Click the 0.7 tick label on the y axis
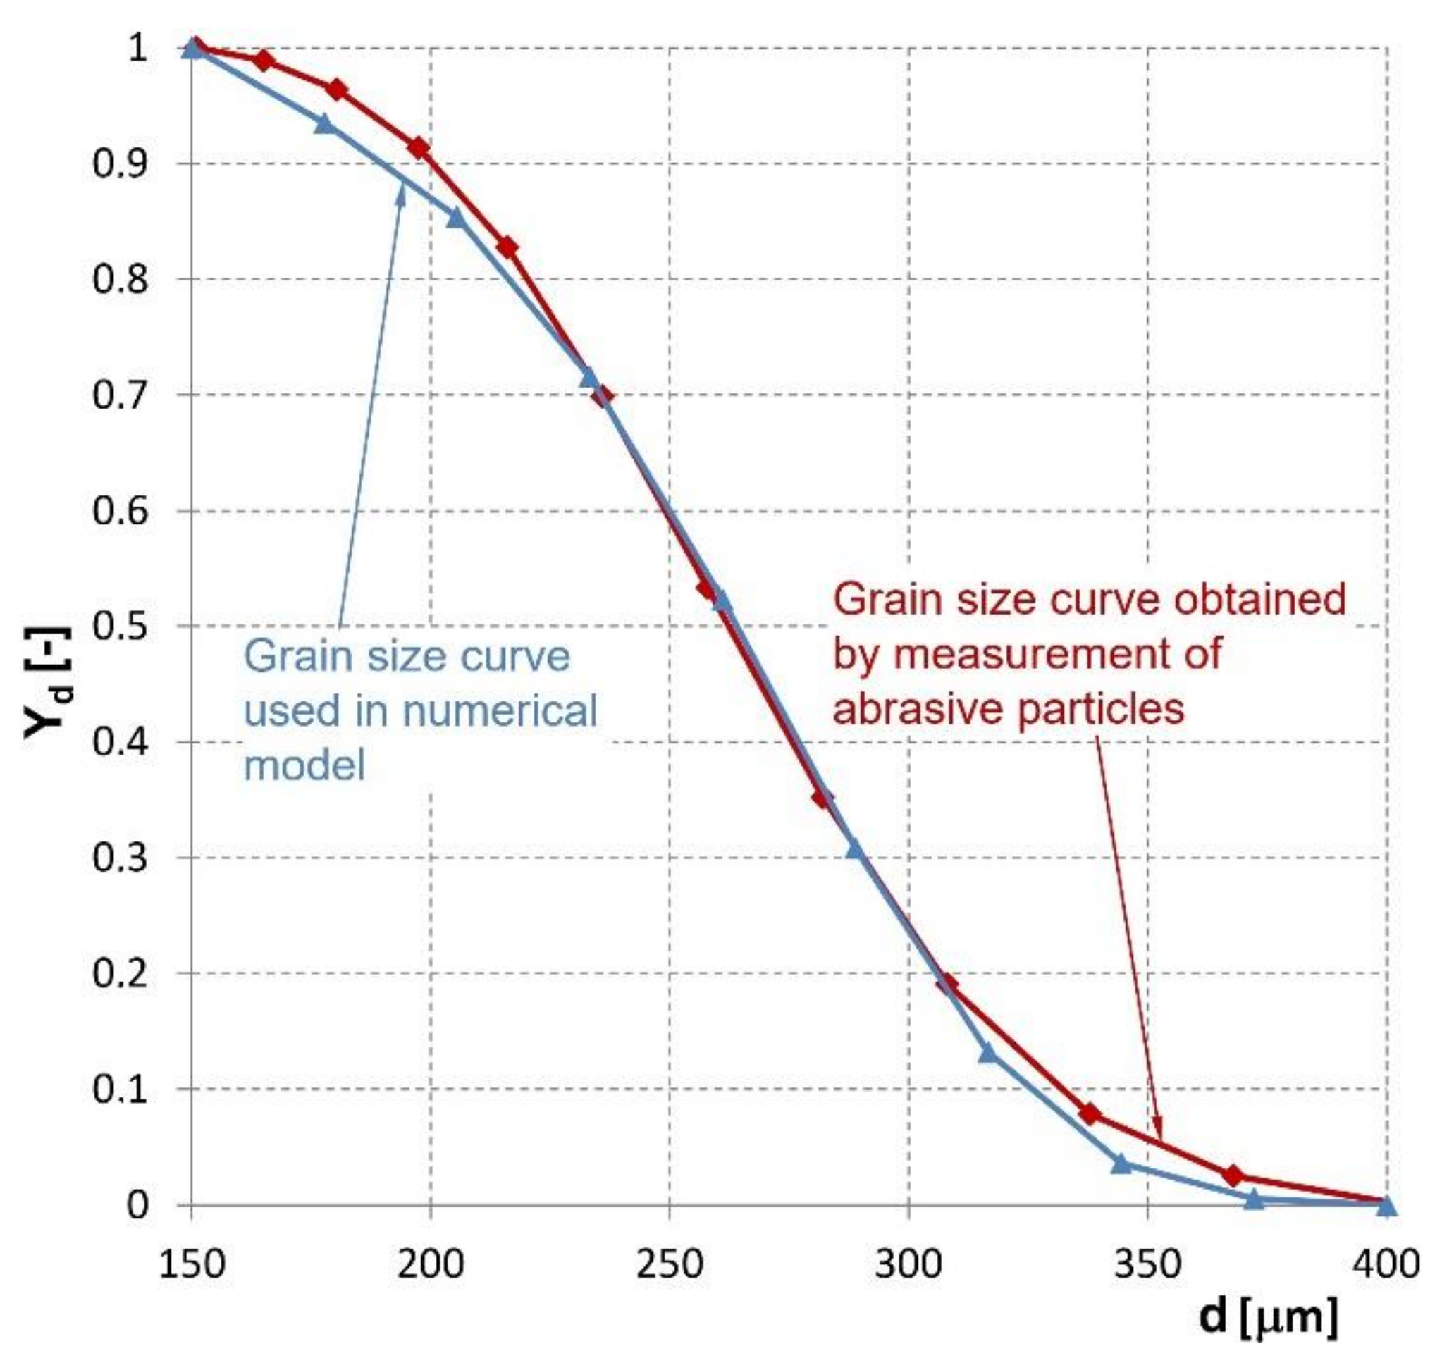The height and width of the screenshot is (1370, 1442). [x=120, y=395]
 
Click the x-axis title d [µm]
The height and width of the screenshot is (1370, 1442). [x=1268, y=1316]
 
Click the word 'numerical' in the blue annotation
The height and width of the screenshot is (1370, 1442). [x=500, y=710]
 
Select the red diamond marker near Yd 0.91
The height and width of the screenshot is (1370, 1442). [x=419, y=148]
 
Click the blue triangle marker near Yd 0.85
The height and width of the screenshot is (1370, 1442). [x=456, y=217]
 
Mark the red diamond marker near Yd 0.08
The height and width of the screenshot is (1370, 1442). [x=1089, y=1113]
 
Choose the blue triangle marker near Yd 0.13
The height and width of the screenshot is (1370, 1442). [x=987, y=1052]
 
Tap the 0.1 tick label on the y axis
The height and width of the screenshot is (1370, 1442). [x=120, y=1089]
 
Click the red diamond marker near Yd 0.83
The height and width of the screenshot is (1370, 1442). [x=507, y=247]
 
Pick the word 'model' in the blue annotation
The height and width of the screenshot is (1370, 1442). [x=304, y=765]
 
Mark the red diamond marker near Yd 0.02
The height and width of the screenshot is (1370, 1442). [x=1233, y=1175]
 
